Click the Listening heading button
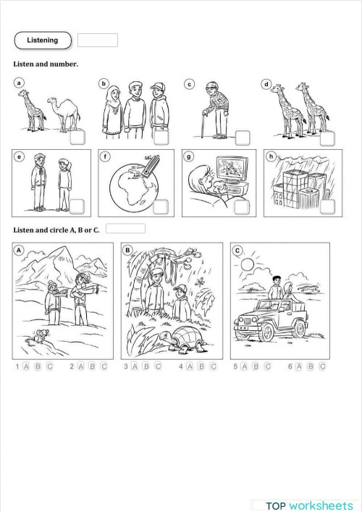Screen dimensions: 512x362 coord(43,40)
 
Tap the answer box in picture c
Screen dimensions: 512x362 coord(242,137)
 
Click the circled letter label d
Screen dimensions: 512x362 coord(266,85)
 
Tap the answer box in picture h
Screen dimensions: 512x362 coord(327,206)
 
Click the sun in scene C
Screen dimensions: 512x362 coord(248,265)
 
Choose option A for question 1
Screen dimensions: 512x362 coord(27,366)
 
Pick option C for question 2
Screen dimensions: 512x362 coord(104,366)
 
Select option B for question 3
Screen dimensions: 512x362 coord(147,366)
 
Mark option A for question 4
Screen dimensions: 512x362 coord(190,366)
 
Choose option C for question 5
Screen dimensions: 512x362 coord(268,366)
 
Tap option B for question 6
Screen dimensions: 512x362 coord(311,366)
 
